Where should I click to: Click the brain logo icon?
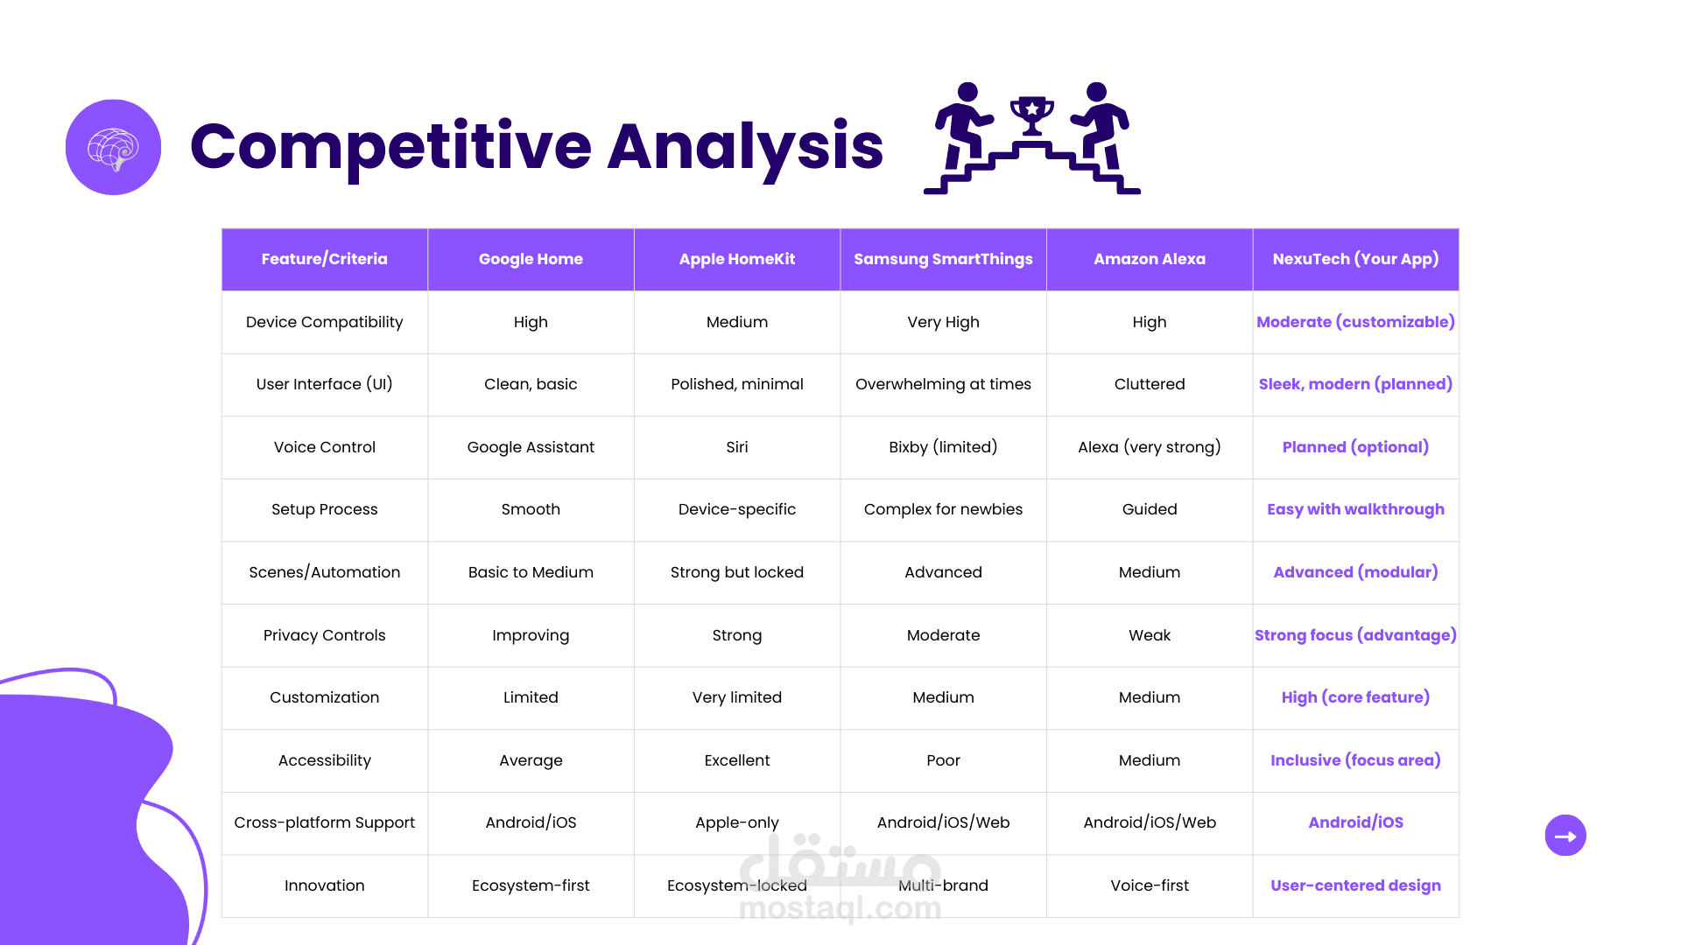pos(113,147)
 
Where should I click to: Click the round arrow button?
pos(1565,836)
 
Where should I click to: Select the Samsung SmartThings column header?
pos(943,259)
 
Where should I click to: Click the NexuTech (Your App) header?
pos(1355,259)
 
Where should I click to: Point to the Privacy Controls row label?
pos(324,635)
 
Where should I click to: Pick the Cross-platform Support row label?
pos(324,822)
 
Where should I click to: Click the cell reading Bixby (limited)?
pos(943,447)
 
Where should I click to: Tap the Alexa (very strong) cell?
pos(1150,447)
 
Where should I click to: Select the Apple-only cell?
pos(737,822)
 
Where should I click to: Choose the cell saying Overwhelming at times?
pos(943,384)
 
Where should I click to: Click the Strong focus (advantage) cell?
pos(1355,635)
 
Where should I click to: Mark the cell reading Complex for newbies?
pos(943,509)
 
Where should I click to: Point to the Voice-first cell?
pos(1150,885)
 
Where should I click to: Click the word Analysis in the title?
pos(745,147)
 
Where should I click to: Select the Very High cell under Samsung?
pos(943,322)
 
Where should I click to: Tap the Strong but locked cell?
pos(737,572)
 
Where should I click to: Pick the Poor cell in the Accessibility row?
pos(943,760)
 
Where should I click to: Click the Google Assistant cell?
pos(531,447)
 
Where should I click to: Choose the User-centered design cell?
pos(1355,885)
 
